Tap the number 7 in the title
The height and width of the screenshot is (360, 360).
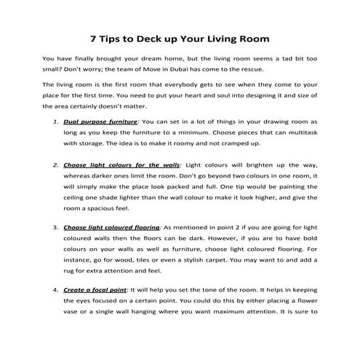[x=92, y=36]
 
